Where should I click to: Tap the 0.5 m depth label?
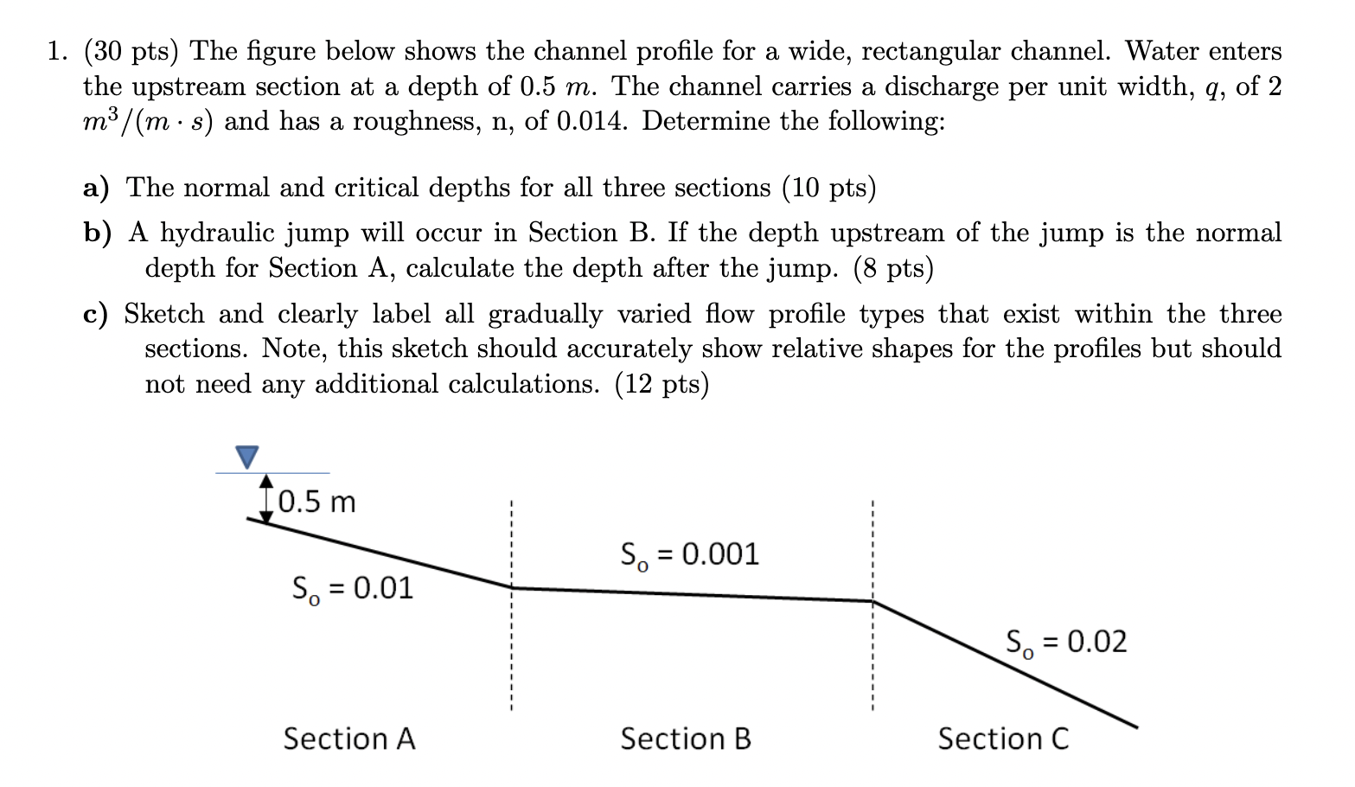317,502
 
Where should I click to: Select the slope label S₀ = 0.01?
353,589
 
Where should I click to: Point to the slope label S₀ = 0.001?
690,554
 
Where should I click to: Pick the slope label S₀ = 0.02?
1066,643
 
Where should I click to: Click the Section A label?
349,739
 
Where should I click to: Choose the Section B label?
686,739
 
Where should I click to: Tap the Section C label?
1003,739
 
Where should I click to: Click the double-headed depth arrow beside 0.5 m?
266,498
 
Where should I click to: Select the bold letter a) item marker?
96,188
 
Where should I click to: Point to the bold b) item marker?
98,233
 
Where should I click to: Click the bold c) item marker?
95,314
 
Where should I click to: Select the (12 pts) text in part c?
662,383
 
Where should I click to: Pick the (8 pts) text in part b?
893,268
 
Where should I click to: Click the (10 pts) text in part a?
828,188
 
